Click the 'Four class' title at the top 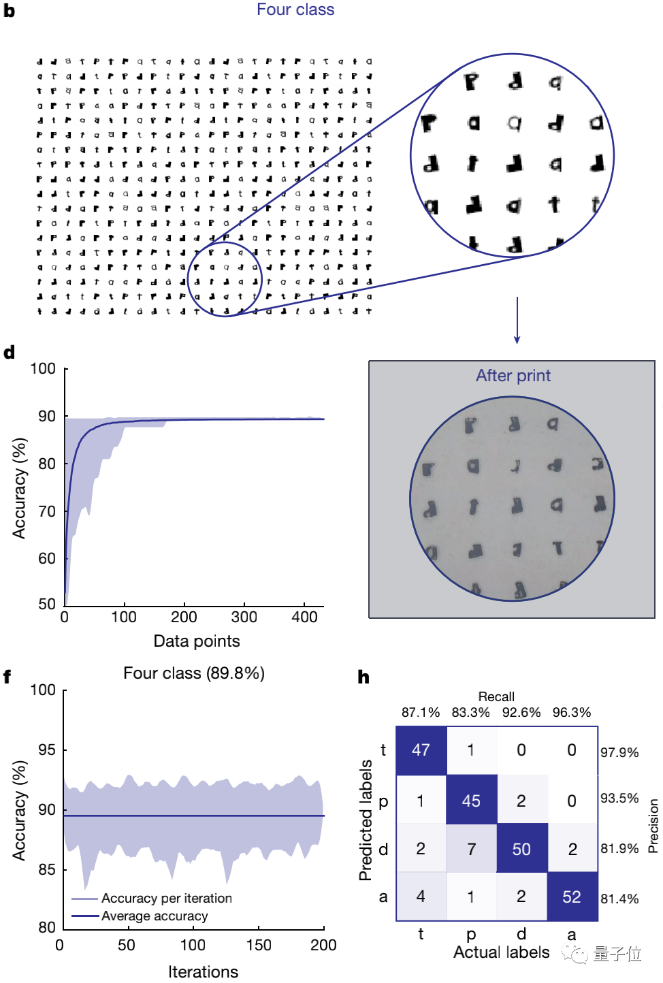pos(295,10)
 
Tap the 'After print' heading pos(513,376)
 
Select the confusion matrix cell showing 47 pos(421,750)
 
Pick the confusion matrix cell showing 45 pos(471,801)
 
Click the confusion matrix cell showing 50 pos(521,849)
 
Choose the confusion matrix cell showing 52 pos(572,897)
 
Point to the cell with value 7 pos(471,849)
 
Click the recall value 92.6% pos(521,713)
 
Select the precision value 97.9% pos(619,752)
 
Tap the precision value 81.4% pos(619,899)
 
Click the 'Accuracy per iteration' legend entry pos(166,899)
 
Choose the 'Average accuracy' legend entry pos(155,916)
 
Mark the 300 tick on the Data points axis pos(244,617)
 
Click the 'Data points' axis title pos(197,641)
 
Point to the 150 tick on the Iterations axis pos(259,945)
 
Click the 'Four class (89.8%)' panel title pos(194,673)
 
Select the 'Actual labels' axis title pos(502,952)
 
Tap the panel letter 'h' pos(363,677)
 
